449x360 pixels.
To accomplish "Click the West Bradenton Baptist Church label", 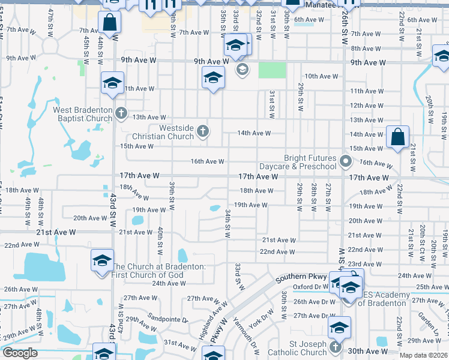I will (83, 114).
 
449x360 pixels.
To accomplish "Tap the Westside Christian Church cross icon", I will (203, 131).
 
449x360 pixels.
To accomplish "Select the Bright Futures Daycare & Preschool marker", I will (345, 161).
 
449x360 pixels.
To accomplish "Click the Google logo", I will (19, 353).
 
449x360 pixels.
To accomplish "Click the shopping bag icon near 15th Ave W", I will (397, 137).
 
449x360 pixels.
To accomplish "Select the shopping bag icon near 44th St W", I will (109, 22).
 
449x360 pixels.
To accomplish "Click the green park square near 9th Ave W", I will (272, 70).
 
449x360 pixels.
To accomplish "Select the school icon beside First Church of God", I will (102, 260).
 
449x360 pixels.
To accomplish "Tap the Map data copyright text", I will (424, 355).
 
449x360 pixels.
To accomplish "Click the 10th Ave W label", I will (321, 76).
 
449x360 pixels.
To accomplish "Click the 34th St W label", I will (228, 223).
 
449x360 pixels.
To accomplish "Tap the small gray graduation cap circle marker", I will (242, 70).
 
